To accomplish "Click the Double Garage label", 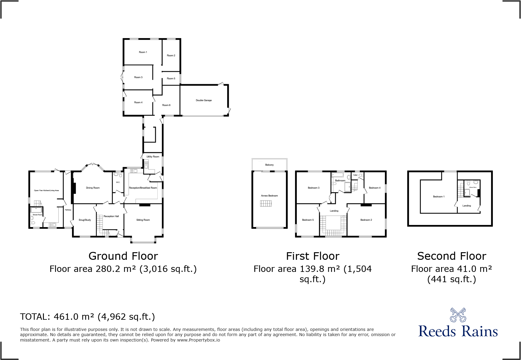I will coord(204,100).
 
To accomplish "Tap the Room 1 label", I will coord(143,52).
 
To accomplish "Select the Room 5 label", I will coord(171,78).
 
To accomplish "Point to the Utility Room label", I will coord(153,157).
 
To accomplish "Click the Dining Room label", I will coord(93,188).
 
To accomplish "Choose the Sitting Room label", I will coord(143,220).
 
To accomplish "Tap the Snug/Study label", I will coord(85,220).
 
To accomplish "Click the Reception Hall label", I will coord(111,216).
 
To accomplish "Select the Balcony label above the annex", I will coord(269,165).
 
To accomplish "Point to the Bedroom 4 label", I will coord(375,188).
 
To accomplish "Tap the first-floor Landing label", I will coord(334,211).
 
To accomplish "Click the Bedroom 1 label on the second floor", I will coord(439,197).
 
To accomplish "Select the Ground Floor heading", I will coord(123,256).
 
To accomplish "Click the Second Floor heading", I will coord(451,256).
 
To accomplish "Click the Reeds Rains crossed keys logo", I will coord(458,315).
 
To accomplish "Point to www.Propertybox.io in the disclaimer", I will coord(198,340).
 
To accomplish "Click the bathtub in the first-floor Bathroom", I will coord(338,175).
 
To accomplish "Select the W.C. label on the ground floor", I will coord(118,182).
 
